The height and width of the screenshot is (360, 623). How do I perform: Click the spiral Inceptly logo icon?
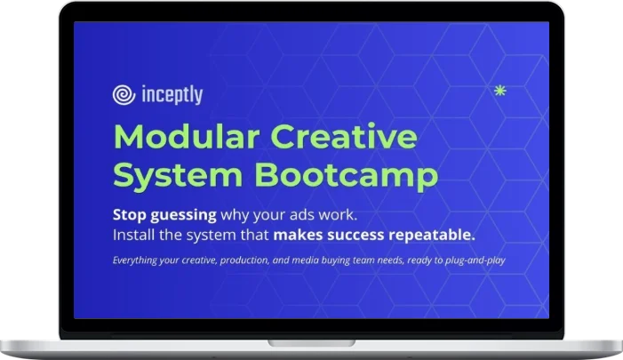click(124, 95)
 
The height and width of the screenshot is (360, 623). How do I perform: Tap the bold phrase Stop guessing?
click(164, 215)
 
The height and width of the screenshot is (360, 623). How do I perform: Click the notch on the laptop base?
click(311, 342)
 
